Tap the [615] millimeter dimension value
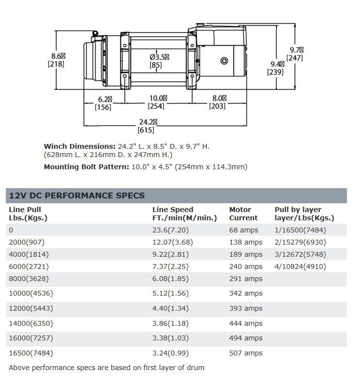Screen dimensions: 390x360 click(146, 130)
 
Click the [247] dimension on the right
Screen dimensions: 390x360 click(295, 58)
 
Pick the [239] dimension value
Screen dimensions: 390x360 click(275, 72)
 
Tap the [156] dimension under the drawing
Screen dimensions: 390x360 click(103, 107)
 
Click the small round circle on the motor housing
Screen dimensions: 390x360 click(224, 61)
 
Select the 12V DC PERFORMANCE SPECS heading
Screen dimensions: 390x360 click(77, 195)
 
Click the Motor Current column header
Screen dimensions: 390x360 click(243, 213)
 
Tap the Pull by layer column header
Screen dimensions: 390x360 click(304, 213)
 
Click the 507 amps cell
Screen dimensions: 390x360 click(246, 353)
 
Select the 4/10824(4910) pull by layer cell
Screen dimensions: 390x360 click(300, 266)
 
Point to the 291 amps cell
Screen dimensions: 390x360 click(246, 279)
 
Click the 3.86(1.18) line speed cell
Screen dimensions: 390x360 click(171, 323)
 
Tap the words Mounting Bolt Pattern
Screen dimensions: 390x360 click(86, 167)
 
